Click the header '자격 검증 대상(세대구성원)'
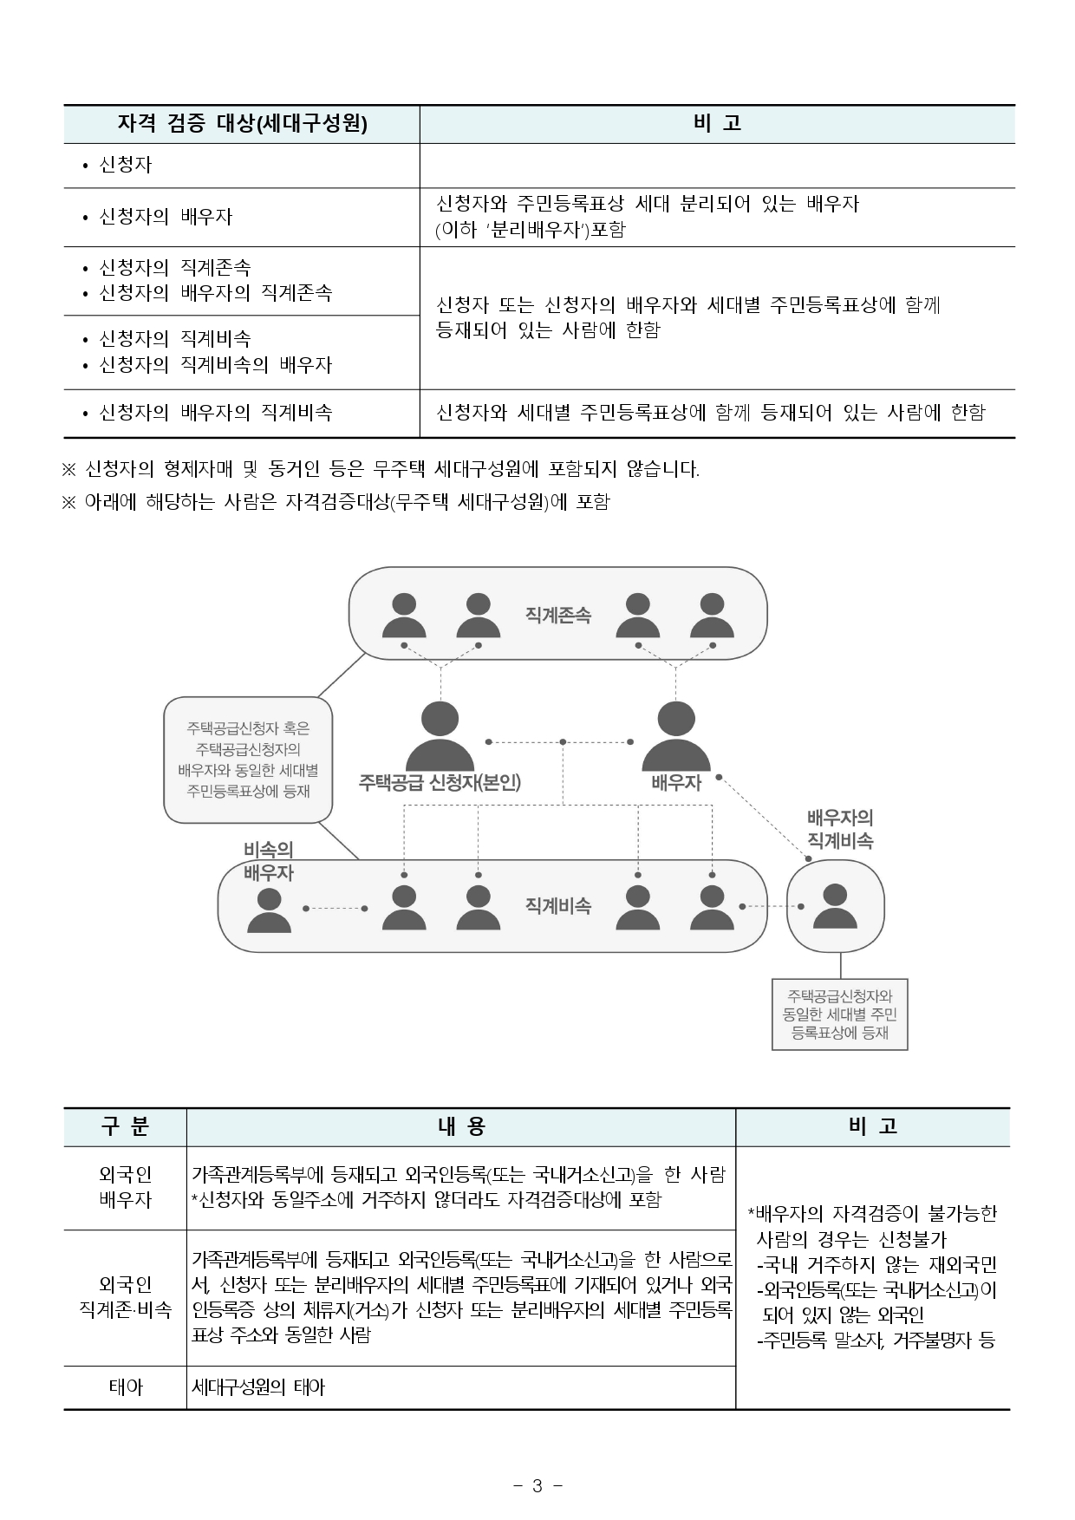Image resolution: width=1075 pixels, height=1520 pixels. point(242,124)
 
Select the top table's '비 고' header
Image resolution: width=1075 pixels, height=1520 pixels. point(717,124)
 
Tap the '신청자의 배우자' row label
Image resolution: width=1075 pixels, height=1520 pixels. point(166,217)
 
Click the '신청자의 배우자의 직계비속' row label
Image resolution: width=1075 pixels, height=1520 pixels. point(215,413)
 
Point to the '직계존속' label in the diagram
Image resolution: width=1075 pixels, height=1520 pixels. point(557,615)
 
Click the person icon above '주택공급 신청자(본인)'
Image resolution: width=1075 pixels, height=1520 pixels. point(440,737)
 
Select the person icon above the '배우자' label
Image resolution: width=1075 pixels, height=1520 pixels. point(676,737)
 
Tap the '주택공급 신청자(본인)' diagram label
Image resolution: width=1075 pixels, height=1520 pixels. point(440,782)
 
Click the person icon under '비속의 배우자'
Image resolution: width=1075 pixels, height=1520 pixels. point(269,910)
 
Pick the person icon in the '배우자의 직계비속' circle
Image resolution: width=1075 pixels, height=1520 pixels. point(835,907)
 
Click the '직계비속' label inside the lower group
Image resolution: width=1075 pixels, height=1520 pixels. point(557,906)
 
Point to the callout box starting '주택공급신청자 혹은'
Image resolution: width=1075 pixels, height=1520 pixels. point(248,760)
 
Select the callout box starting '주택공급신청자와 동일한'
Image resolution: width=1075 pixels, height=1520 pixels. point(839,1014)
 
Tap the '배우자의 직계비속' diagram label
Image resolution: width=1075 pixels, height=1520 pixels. point(839,829)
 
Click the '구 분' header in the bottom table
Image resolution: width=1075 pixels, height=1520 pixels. point(125,1126)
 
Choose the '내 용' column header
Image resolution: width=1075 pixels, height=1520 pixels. point(460,1126)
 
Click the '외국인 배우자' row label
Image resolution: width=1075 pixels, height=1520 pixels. point(125,1187)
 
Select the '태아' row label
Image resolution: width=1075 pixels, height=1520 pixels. point(125,1387)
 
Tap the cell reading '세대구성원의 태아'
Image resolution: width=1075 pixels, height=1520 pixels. point(258,1387)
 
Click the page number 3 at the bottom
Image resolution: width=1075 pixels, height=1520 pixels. point(537,1486)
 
